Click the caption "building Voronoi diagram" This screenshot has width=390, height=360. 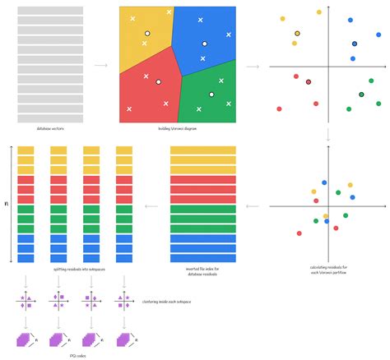(178, 128)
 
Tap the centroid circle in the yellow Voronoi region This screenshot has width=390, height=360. (147, 34)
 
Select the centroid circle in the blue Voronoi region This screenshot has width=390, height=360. (205, 44)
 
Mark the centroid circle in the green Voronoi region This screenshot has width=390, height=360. (211, 95)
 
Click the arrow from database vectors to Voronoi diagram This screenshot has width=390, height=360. (100, 65)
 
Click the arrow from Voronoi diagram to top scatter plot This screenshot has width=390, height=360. (253, 65)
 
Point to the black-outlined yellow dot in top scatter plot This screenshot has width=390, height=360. (297, 34)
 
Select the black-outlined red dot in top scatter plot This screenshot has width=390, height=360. (309, 81)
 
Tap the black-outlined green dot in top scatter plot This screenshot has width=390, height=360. (361, 95)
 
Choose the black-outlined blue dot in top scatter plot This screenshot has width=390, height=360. (355, 44)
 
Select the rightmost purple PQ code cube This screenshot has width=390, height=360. (123, 339)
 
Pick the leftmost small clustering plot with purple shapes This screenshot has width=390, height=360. (26, 302)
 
